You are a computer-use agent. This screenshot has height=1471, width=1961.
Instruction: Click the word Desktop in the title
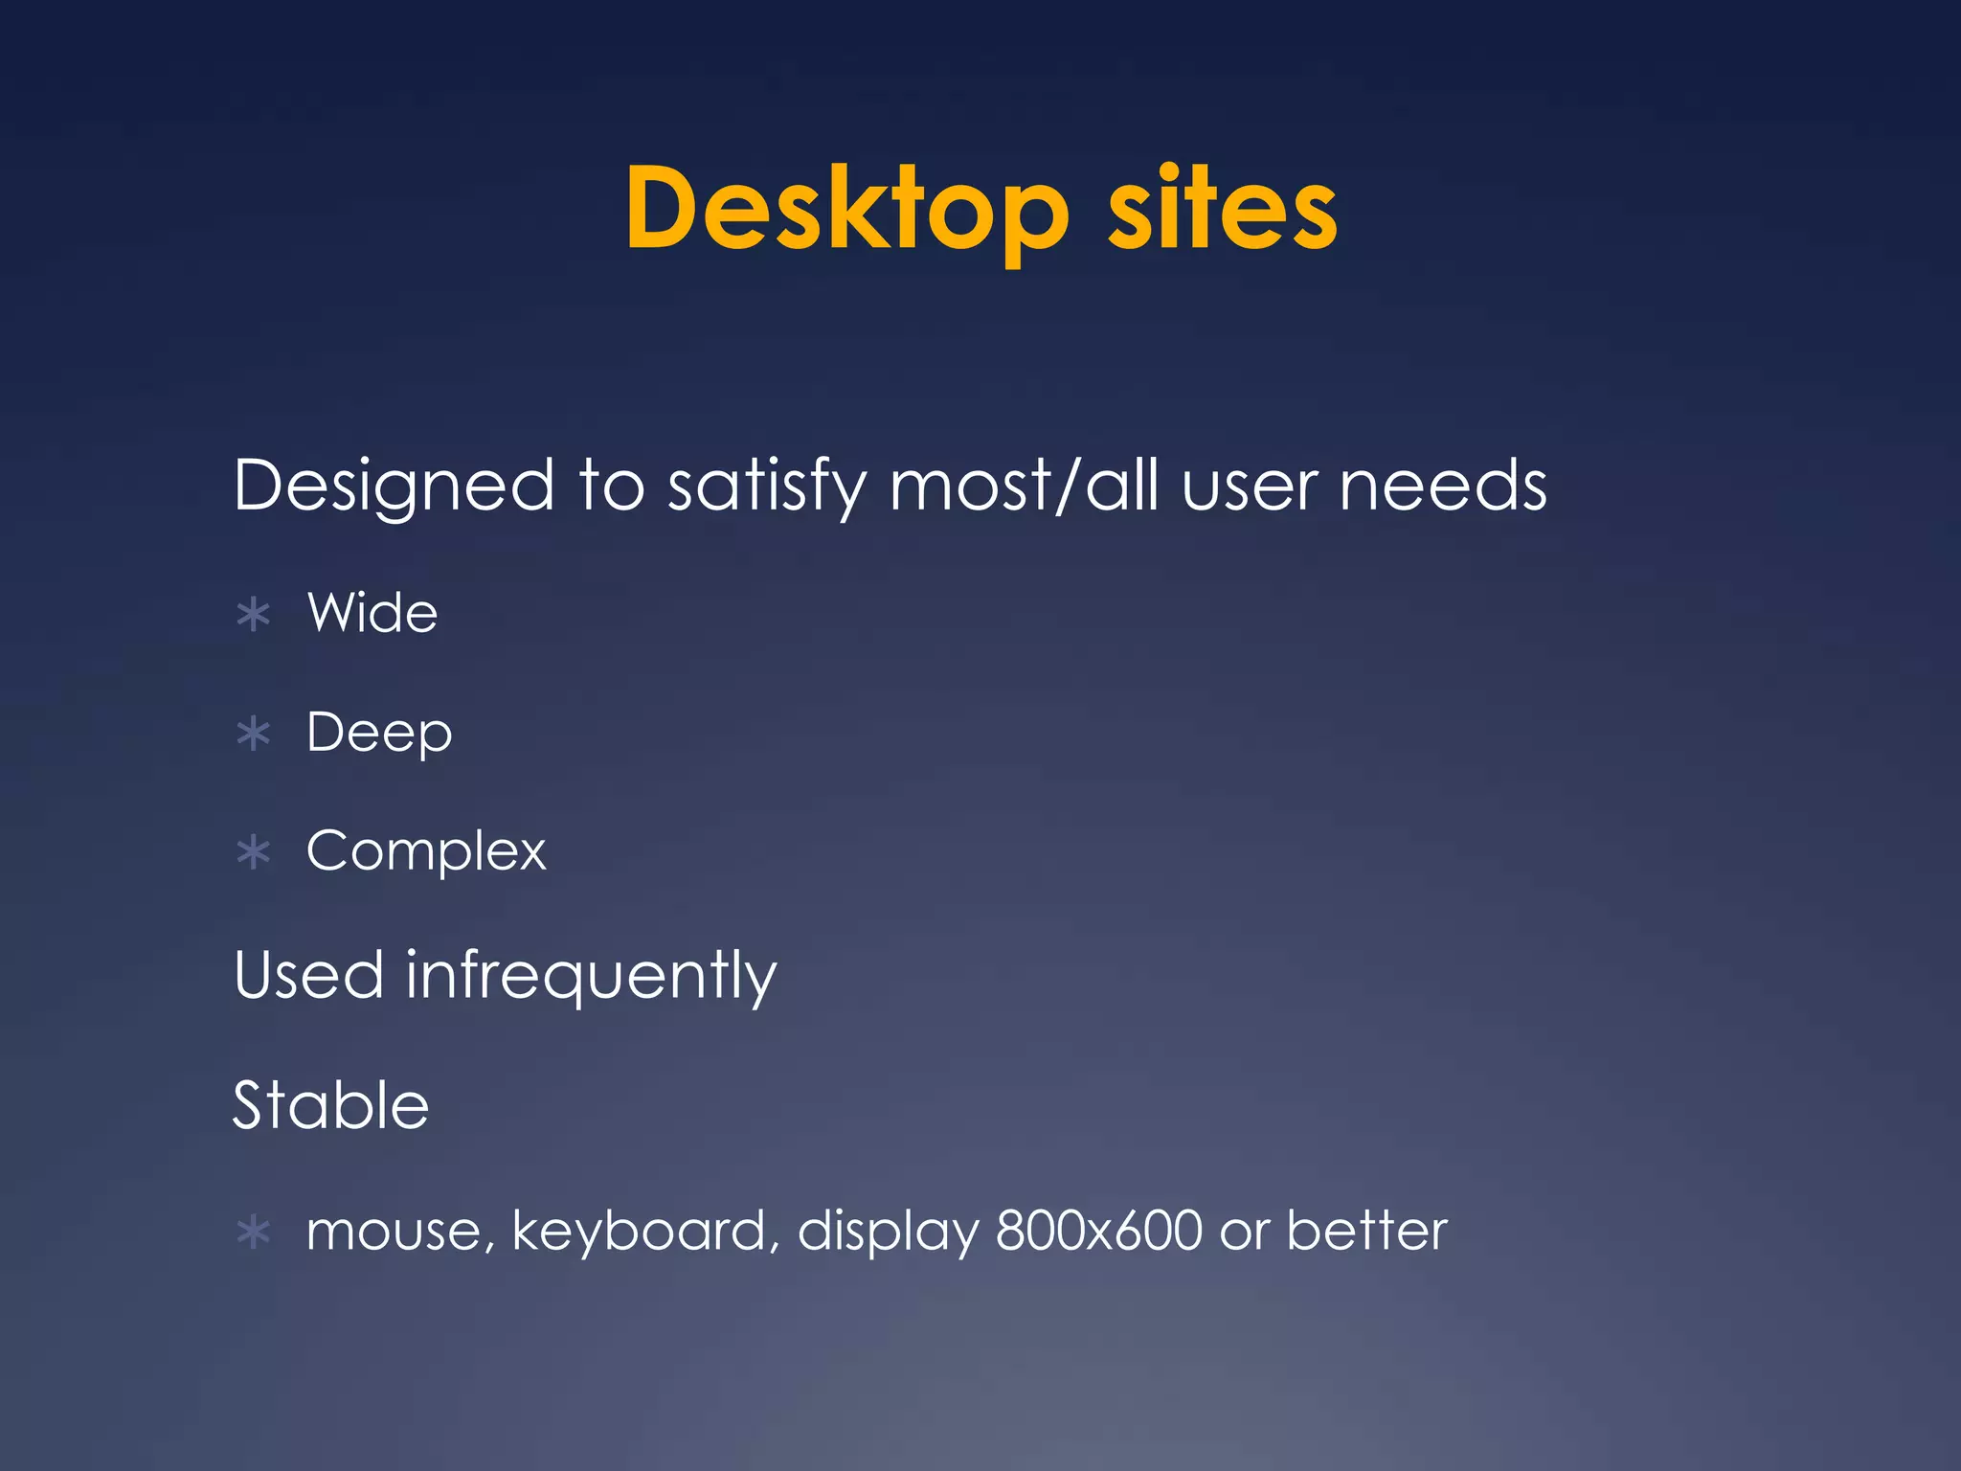click(x=846, y=210)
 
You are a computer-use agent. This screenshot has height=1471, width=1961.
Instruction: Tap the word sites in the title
click(x=1222, y=210)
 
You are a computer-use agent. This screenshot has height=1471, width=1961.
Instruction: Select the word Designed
click(x=394, y=485)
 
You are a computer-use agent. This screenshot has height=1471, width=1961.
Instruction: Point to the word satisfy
click(x=766, y=487)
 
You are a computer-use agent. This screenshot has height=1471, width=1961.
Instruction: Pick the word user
click(x=1251, y=487)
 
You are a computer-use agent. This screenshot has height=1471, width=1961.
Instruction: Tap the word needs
click(x=1443, y=485)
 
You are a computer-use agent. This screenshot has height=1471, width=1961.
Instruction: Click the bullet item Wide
click(x=372, y=613)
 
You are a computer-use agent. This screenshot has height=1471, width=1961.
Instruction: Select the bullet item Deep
click(x=379, y=734)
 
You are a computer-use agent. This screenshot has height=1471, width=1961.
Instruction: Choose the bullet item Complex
click(x=426, y=850)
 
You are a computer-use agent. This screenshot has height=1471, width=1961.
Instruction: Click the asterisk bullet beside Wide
click(x=254, y=615)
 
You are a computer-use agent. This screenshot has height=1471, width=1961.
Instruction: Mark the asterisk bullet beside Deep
click(x=254, y=735)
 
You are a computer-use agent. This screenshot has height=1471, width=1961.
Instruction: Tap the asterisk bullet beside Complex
click(x=254, y=852)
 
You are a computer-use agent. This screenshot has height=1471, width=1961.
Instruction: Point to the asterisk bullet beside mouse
click(x=254, y=1233)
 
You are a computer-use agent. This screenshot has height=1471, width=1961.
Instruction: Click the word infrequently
click(x=591, y=976)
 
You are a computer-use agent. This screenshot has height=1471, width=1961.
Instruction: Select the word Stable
click(x=331, y=1105)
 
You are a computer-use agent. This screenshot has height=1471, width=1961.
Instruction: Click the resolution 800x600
click(x=1098, y=1231)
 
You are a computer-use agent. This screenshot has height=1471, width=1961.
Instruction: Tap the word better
click(x=1366, y=1231)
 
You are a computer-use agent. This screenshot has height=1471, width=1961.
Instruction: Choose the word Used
click(x=308, y=976)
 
